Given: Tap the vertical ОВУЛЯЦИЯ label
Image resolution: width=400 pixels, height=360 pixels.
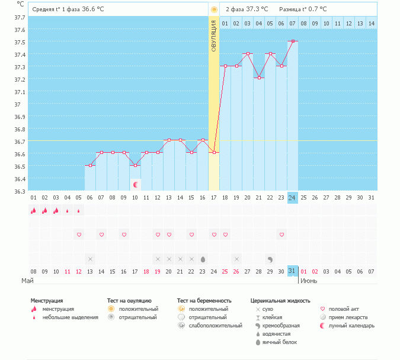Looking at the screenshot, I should click(214, 35).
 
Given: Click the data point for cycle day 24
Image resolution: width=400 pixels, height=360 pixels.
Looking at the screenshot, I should click(293, 41).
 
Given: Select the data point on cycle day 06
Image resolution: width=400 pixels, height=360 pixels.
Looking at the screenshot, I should click(90, 165).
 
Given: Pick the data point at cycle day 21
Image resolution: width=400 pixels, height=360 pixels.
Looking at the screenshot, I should click(259, 78).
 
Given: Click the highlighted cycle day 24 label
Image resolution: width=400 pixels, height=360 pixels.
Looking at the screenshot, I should click(293, 198).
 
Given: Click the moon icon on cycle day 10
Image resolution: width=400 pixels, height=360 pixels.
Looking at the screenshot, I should click(135, 185).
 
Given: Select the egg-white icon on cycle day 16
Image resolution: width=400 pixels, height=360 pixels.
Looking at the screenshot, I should click(203, 259).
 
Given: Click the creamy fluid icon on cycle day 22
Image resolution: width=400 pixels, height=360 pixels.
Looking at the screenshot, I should click(270, 259).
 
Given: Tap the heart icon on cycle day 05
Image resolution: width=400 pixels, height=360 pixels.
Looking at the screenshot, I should click(79, 235).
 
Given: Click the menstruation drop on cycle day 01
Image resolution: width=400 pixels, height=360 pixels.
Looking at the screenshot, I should click(34, 210).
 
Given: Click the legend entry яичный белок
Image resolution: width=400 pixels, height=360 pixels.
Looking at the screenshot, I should click(279, 342).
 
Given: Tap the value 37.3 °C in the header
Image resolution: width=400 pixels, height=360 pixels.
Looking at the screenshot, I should click(257, 9).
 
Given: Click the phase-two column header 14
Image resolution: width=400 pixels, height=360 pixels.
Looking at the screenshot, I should click(372, 23).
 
